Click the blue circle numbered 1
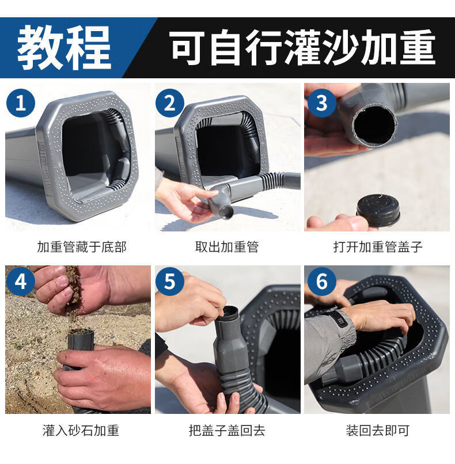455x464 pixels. point(20,103)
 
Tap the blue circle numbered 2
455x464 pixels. point(170,103)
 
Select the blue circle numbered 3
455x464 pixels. point(322,103)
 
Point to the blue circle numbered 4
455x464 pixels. point(20,281)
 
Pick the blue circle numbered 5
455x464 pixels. point(170,281)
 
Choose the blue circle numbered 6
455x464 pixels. point(322,281)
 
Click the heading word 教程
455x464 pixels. point(64,47)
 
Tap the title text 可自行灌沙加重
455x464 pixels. point(303,47)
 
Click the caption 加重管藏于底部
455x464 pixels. point(82,247)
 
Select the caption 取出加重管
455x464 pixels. point(227,247)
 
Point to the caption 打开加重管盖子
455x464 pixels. point(377,247)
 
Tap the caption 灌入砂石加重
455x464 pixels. point(81,431)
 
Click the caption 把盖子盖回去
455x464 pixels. point(227,431)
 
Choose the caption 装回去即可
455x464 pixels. point(377,431)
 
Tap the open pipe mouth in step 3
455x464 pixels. point(375,125)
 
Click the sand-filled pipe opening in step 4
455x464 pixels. point(81,333)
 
